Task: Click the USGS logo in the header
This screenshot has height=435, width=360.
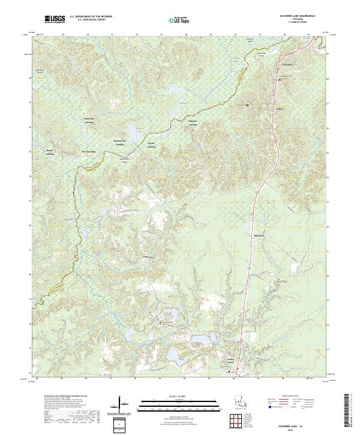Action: [55, 20]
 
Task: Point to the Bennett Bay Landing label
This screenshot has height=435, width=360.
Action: [120, 143]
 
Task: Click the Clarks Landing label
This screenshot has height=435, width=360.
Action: [152, 145]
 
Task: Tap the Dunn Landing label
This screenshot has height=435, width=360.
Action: [89, 152]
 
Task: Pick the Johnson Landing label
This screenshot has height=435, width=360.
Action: [193, 122]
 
